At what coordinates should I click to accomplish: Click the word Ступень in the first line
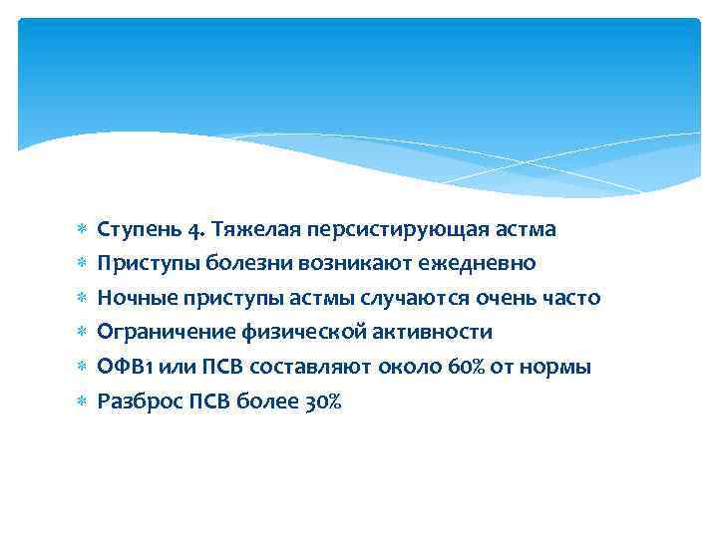136,230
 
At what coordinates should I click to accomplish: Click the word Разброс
134,402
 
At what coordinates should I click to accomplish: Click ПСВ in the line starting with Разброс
201,402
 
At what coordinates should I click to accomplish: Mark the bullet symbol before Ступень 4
82,230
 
